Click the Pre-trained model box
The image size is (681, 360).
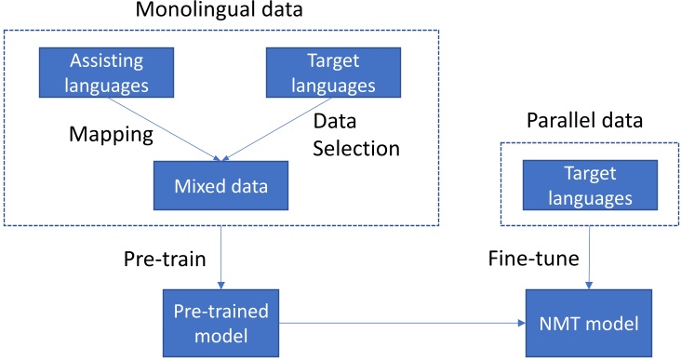pos(220,318)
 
